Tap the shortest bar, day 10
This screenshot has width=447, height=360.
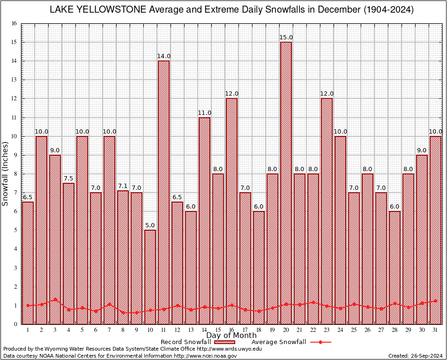(150, 277)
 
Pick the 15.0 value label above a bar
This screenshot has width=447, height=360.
(286, 37)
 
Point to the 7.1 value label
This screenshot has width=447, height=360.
(123, 186)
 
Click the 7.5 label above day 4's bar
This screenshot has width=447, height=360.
(68, 179)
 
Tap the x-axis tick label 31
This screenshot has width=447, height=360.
(435, 330)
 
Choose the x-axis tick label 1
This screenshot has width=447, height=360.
(28, 330)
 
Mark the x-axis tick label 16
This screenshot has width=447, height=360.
(231, 330)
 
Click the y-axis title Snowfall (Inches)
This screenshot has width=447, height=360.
(6, 173)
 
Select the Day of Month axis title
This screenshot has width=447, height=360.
(231, 336)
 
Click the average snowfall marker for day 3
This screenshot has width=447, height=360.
(55, 299)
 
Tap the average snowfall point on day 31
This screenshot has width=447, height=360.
(435, 300)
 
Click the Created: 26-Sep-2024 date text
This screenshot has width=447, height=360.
(416, 356)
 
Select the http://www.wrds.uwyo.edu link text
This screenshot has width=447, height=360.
(235, 349)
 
